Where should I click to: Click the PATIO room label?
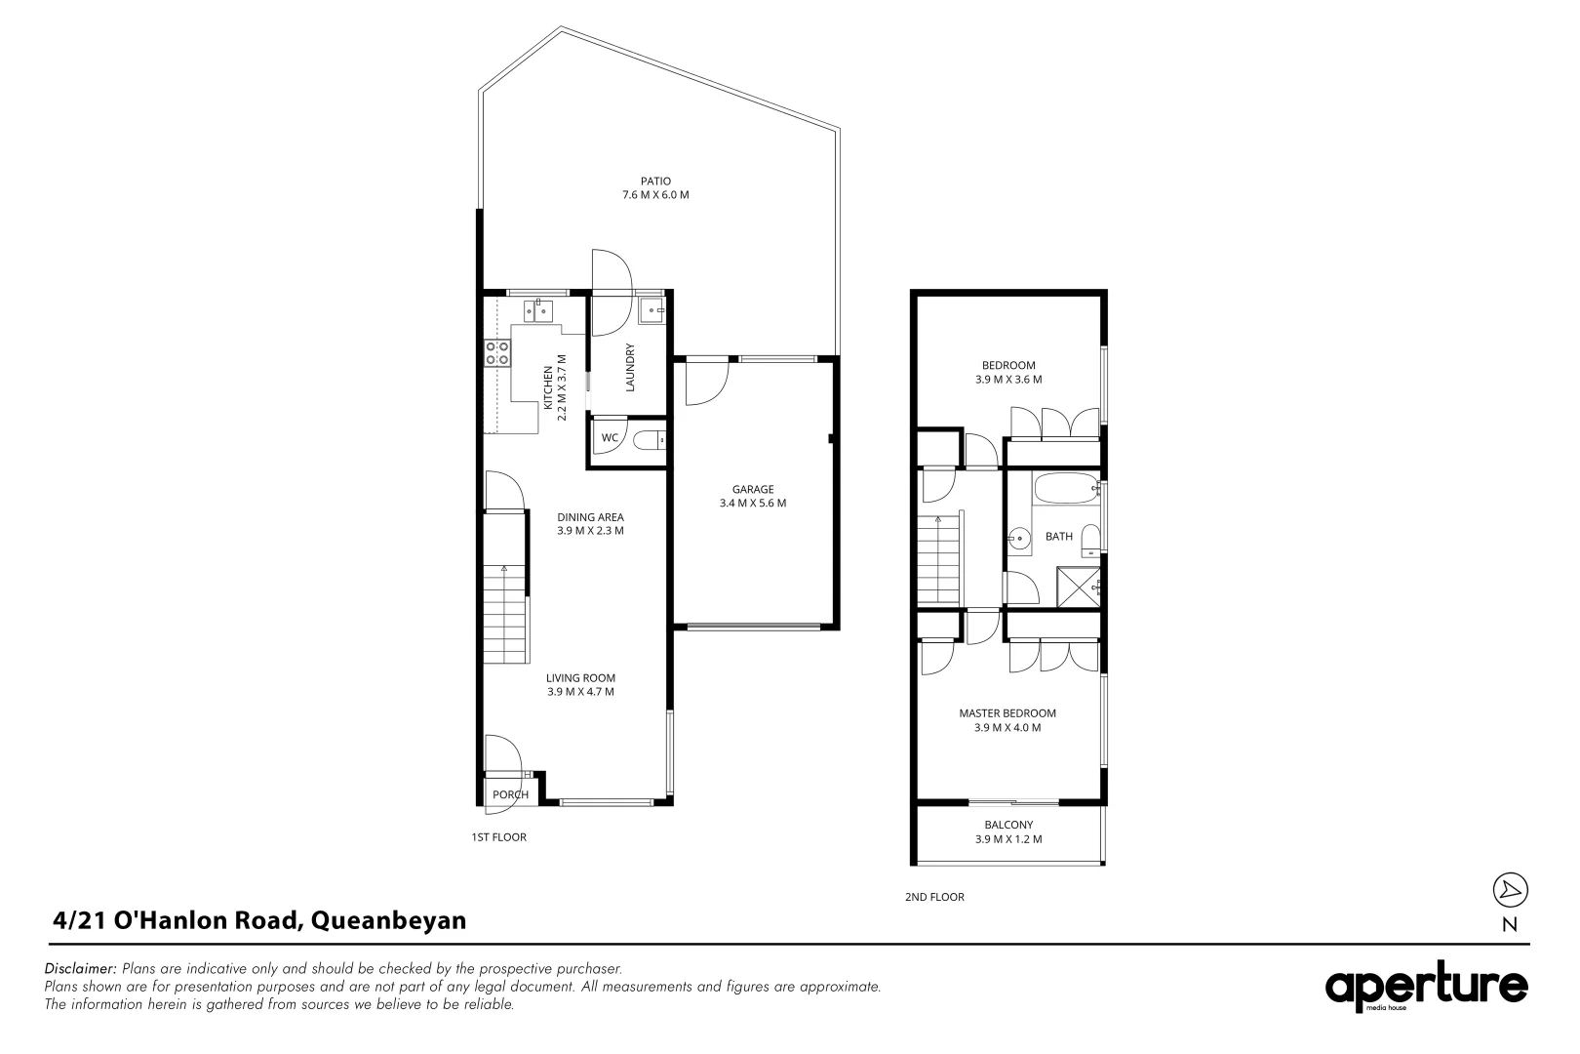655,182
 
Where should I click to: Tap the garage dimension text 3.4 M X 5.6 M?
753,504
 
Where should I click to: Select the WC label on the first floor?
610,437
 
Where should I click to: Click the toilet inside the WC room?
649,440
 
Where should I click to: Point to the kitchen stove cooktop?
497,353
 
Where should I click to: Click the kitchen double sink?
538,310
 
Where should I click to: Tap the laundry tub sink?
652,310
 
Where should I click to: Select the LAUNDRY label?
630,367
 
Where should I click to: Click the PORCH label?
510,795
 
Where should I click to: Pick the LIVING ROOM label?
580,678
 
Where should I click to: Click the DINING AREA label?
590,517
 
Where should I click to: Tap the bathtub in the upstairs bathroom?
1066,489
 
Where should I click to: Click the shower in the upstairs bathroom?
1078,587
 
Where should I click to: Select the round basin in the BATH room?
1018,539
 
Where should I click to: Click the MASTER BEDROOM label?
1007,713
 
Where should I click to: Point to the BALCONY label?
1008,825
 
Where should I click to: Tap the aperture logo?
1426,987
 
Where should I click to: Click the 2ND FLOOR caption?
934,897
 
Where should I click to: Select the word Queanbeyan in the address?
388,921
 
